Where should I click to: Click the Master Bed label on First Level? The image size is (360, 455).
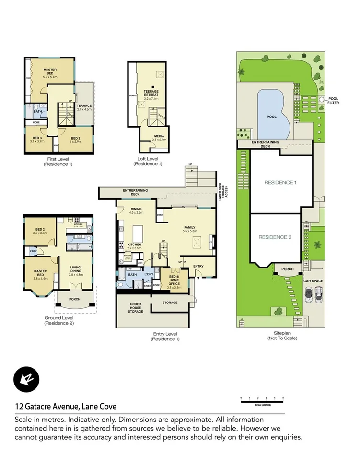coord(50,72)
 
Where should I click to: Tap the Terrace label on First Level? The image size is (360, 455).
coord(84,107)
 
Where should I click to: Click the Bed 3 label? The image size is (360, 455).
coord(37,140)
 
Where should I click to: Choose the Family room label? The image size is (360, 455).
coord(190,229)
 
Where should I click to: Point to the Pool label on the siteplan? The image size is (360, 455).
coord(271,117)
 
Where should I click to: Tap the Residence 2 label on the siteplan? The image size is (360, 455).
coord(275,237)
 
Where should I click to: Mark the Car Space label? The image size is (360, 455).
coord(313,281)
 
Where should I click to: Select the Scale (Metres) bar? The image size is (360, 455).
coord(262,399)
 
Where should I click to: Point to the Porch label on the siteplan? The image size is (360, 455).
coord(287,269)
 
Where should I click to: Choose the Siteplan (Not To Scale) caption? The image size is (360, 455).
coord(282,336)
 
